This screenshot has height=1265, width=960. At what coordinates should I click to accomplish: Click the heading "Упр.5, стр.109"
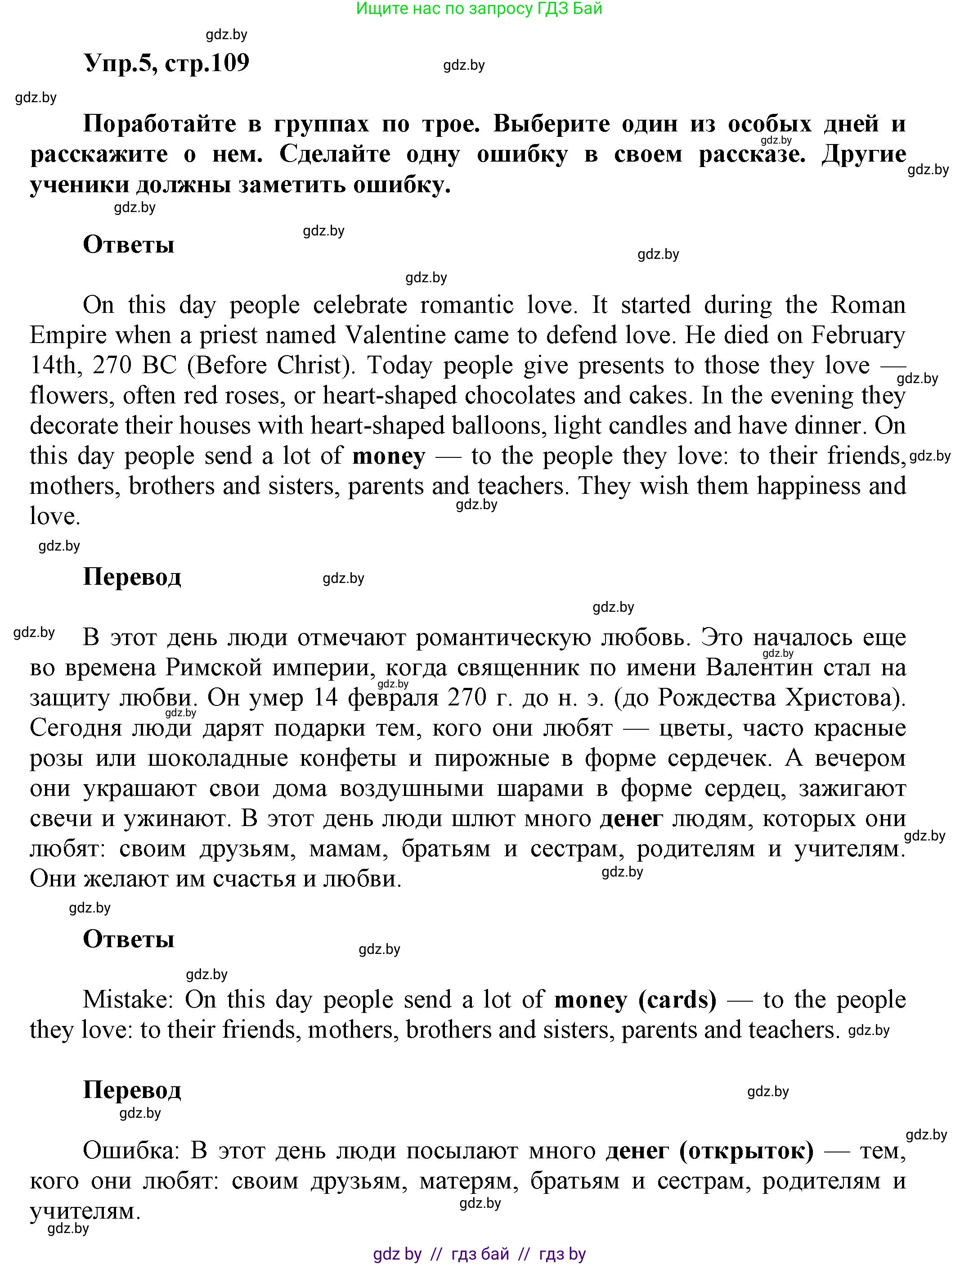pos(167,63)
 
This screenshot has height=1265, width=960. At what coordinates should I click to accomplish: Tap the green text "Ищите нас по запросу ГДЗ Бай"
pos(479,9)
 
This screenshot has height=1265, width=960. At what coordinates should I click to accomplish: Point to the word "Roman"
pos(867,305)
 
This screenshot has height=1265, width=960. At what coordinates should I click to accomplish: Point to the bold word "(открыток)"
pos(746,1151)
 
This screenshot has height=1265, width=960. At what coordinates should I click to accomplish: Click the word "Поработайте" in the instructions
pos(160,124)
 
